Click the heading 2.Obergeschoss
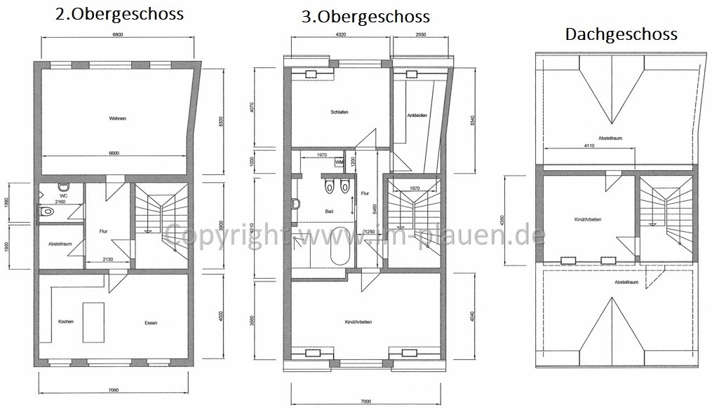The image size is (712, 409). coord(119,14)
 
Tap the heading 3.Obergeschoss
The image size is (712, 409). coord(365,16)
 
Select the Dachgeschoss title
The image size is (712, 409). coord(621,34)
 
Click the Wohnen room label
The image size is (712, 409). coord(118,118)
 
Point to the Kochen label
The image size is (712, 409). coord(66,321)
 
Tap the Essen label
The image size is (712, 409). coord(151,323)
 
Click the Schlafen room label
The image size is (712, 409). coord(340,112)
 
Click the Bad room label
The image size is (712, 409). coord(328,210)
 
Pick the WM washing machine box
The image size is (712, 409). coord(340,162)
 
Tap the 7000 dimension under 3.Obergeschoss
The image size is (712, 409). coord(364,401)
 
